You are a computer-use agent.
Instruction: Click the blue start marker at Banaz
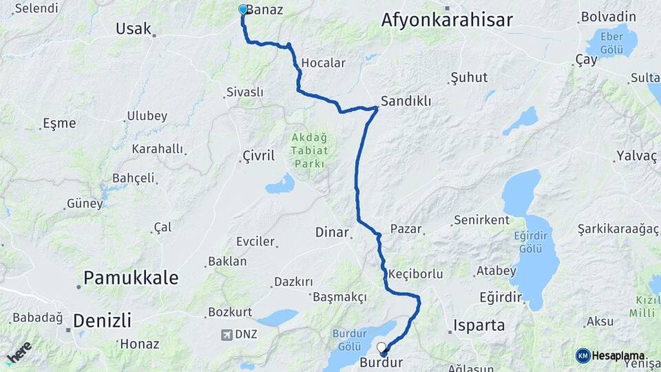pos(242,10)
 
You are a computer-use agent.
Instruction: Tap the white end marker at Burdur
pos(381,347)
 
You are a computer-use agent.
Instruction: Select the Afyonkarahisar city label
pos(447,21)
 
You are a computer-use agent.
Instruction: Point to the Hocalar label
pos(323,63)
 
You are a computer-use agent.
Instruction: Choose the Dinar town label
pos(332,232)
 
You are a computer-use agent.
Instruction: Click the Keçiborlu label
pos(415,273)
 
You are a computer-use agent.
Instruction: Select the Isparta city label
pos(479,325)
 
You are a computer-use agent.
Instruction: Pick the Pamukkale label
pos(131,278)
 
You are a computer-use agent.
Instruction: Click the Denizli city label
pos(102,320)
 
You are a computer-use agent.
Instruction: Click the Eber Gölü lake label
pos(611,43)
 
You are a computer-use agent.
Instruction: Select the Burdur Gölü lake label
pos(355,338)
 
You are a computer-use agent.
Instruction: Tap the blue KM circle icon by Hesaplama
pos(583,355)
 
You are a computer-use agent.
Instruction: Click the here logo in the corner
pos(19,352)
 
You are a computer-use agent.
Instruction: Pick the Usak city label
pos(133,28)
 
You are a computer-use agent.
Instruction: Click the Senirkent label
pos(481,220)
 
